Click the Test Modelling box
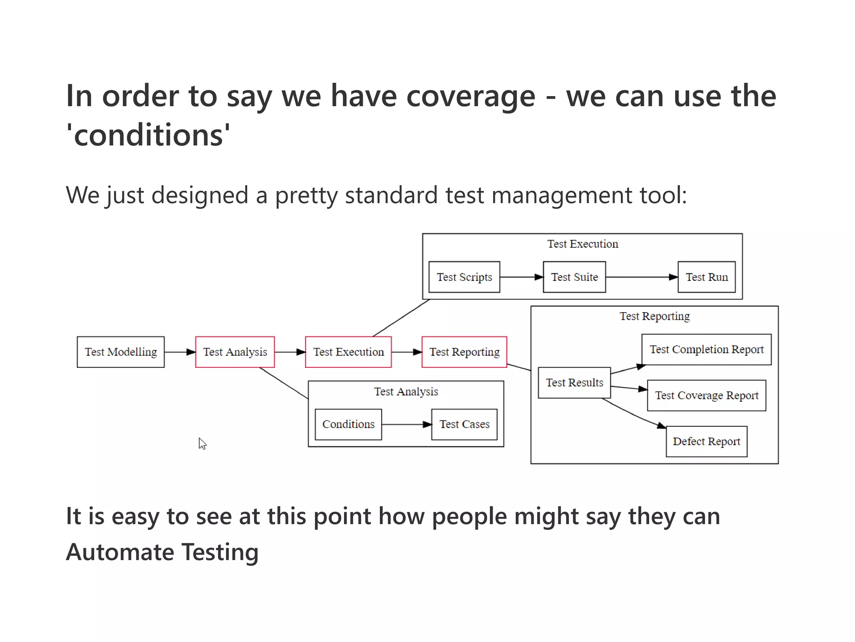121,352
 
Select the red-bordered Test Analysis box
235,352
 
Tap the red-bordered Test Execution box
348,352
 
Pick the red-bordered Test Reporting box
464,352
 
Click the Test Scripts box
464,277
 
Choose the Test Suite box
574,277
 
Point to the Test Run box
706,277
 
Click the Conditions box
348,424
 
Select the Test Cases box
464,424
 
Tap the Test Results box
574,382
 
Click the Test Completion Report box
706,349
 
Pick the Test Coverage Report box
706,395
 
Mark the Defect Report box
706,441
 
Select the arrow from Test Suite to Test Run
641,277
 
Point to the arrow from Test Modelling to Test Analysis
180,352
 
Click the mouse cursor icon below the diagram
202,443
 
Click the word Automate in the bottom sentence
120,552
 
